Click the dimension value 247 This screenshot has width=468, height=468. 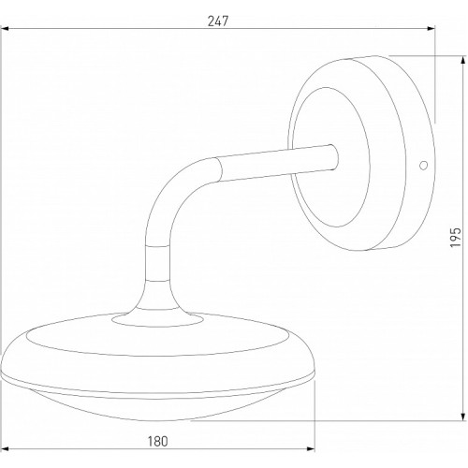pyautogui.click(x=218, y=22)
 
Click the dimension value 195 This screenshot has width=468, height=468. pyautogui.click(x=456, y=238)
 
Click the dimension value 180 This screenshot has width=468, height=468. pyautogui.click(x=157, y=442)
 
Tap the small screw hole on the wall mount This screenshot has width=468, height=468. pyautogui.click(x=423, y=166)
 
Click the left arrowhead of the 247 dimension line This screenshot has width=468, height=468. pyautogui.click(x=5, y=29)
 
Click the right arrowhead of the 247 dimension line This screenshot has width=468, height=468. pyautogui.click(x=431, y=29)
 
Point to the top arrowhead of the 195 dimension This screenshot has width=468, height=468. pyautogui.click(x=462, y=61)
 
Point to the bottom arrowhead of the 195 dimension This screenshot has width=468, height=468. pyautogui.click(x=462, y=416)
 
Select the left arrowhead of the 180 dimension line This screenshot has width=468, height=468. pyautogui.click(x=5, y=449)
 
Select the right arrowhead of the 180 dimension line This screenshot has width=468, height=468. pyautogui.click(x=311, y=449)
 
